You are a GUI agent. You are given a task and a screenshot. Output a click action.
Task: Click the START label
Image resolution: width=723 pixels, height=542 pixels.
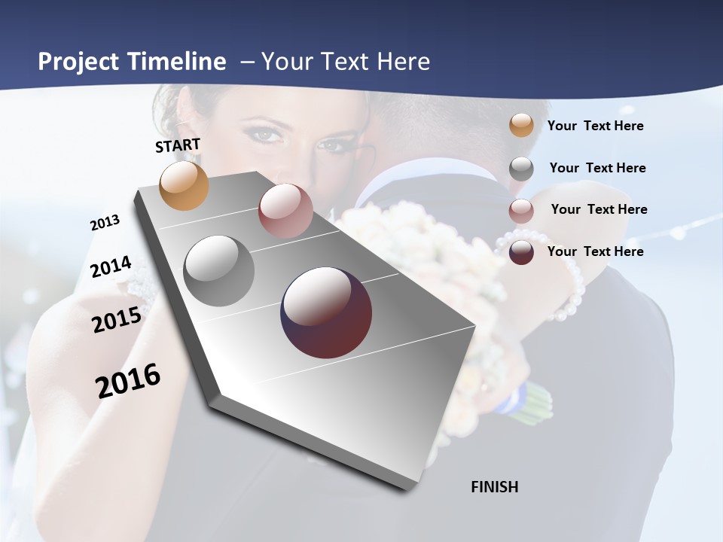[x=178, y=145]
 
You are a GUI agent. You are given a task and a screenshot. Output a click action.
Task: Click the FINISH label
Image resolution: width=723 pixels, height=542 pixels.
[x=494, y=487]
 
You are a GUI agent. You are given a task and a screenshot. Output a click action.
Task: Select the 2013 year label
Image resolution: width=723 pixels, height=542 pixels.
[x=105, y=223]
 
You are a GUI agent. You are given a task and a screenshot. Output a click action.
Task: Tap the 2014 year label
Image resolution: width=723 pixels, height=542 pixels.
[x=111, y=267]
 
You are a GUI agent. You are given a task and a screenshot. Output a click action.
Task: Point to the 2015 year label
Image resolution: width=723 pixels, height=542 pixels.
[x=117, y=320]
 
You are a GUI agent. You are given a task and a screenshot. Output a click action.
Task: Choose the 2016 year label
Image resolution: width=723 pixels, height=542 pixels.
[x=128, y=380]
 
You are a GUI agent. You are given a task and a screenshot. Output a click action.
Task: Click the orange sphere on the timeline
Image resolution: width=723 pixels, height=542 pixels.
[x=184, y=185]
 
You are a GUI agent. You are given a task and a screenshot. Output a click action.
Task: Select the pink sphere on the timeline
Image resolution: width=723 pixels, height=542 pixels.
[x=285, y=211]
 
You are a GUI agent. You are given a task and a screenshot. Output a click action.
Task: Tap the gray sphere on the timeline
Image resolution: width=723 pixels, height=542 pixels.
[x=218, y=271]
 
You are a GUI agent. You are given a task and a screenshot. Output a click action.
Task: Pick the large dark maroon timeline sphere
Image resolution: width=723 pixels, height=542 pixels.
[x=326, y=312]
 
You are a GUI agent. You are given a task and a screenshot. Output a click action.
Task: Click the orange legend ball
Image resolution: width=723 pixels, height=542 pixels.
[x=521, y=125]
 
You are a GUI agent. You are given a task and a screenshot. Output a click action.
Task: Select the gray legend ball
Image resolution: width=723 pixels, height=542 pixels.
[x=521, y=168]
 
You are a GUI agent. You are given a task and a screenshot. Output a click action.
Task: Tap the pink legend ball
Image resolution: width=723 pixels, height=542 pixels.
[x=521, y=210]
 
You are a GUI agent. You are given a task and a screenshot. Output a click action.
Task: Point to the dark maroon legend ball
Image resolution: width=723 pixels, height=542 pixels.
[x=521, y=252]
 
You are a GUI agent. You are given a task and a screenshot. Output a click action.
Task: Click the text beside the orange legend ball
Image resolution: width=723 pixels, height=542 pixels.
[x=595, y=126]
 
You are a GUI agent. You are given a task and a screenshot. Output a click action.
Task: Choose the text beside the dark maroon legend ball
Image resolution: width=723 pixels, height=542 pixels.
[x=595, y=251]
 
